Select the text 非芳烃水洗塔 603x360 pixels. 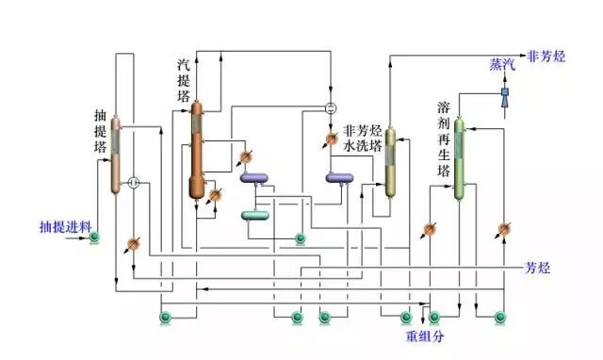(362, 139)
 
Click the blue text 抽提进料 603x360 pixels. (65, 227)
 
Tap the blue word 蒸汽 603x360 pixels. (502, 64)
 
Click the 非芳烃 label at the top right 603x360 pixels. (546, 56)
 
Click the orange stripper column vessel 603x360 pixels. (197, 151)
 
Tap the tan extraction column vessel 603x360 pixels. (116, 155)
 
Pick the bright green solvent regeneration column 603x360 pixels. (459, 158)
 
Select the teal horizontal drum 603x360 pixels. (254, 215)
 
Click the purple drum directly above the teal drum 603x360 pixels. (254, 177)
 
